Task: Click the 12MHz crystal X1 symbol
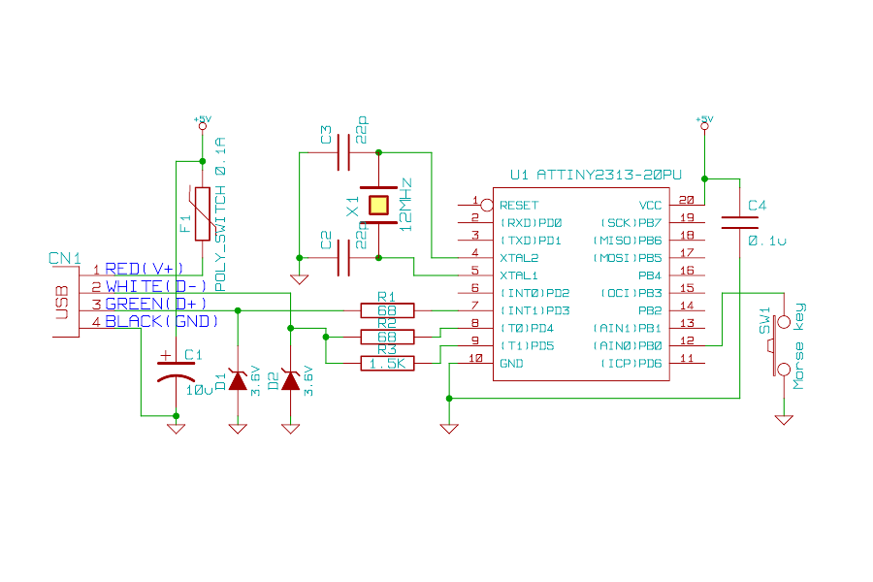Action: coord(377,205)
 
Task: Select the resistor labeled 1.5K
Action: coord(387,363)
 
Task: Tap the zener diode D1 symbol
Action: coord(237,381)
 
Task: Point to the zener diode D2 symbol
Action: coord(289,381)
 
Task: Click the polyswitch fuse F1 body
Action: coord(202,213)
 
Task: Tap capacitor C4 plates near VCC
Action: coord(740,224)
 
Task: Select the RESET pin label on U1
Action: coord(518,205)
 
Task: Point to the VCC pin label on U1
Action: coord(650,205)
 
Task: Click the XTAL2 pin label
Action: coord(518,258)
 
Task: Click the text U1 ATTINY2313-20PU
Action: coord(596,176)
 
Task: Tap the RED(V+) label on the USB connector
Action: coord(144,269)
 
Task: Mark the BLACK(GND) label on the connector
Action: coord(161,321)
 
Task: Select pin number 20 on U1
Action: coord(687,200)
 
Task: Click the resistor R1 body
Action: coord(387,310)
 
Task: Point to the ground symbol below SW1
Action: coord(784,419)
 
